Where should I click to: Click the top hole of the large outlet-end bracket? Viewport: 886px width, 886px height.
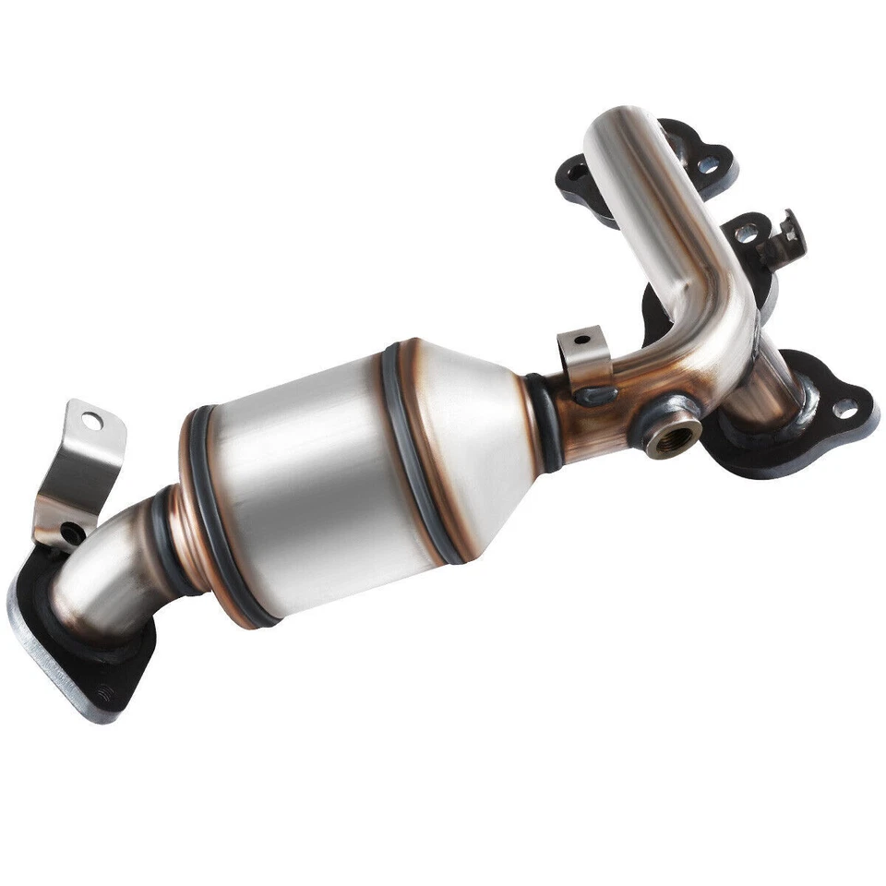tap(91, 421)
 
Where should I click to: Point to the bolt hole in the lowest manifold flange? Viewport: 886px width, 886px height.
tap(844, 407)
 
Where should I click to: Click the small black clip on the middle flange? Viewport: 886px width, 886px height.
tap(786, 238)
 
